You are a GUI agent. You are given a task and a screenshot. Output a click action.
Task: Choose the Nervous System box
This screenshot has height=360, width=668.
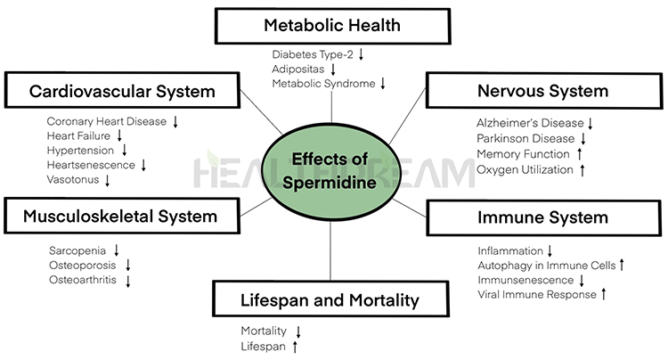pyautogui.click(x=542, y=91)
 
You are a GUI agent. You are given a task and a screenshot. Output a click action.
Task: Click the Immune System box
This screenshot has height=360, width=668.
pyautogui.click(x=542, y=217)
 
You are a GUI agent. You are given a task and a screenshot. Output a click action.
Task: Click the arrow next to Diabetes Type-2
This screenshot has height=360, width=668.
pyautogui.click(x=361, y=54)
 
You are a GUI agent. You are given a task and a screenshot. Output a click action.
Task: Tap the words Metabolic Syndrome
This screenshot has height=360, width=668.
pyautogui.click(x=324, y=83)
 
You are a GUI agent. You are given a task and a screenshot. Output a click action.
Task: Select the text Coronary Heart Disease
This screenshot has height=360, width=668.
pyautogui.click(x=106, y=121)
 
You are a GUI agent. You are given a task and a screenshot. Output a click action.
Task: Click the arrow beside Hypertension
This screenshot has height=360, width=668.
pyautogui.click(x=121, y=151)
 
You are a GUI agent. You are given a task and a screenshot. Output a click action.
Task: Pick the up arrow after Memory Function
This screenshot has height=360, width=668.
pyautogui.click(x=579, y=154)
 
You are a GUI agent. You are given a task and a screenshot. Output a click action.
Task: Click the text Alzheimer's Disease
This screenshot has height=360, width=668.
pyautogui.click(x=530, y=122)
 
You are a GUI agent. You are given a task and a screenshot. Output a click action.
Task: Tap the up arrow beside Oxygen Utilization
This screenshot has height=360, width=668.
pyautogui.click(x=582, y=169)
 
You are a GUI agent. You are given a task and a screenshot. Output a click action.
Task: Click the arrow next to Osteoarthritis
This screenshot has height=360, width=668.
pyautogui.click(x=127, y=281)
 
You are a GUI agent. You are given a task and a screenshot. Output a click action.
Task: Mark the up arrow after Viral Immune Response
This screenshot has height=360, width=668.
pyautogui.click(x=603, y=292)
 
